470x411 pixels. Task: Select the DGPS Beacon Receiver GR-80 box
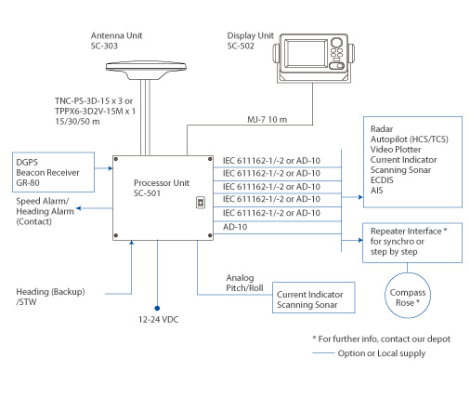(x=46, y=171)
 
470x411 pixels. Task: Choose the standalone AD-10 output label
(x=236, y=226)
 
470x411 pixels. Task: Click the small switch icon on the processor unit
(x=199, y=201)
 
